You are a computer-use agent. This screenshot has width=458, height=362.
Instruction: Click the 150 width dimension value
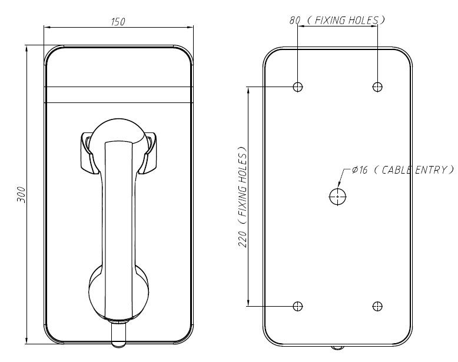118,22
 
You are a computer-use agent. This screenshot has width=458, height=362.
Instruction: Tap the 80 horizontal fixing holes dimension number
295,20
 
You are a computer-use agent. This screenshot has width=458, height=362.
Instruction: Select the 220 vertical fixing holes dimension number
242,238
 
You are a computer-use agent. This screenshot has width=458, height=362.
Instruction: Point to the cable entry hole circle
337,197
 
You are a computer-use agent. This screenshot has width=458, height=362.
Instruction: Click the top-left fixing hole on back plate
298,87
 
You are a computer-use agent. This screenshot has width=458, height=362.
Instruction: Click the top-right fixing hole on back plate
377,87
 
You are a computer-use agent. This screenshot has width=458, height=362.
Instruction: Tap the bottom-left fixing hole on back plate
298,306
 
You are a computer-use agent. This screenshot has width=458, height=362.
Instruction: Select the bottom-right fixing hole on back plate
377,306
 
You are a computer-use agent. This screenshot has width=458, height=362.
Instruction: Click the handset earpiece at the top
118,133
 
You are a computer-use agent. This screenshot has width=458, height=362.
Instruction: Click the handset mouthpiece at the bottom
118,292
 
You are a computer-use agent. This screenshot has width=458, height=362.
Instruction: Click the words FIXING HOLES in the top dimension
346,20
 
